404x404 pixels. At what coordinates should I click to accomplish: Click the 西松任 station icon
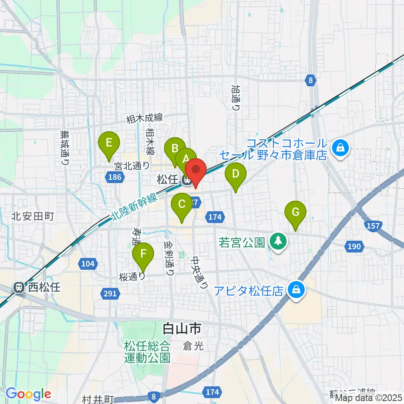(19, 287)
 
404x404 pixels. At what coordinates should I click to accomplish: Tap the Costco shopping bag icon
(339, 147)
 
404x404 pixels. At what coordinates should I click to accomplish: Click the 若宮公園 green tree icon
(278, 241)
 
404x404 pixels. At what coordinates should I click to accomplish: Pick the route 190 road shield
(354, 246)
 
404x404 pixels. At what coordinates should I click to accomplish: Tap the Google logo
(28, 394)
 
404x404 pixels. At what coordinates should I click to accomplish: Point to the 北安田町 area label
(33, 217)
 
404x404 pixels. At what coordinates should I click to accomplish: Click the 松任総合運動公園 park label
(147, 352)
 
